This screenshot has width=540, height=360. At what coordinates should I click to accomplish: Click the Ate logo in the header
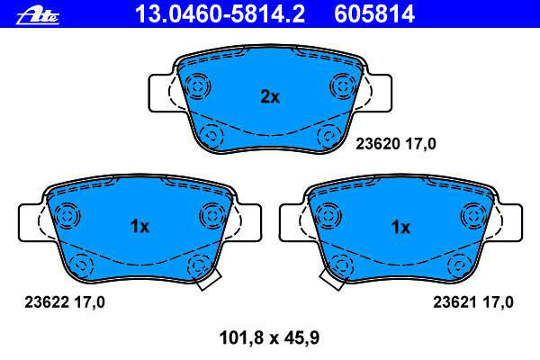point(38,16)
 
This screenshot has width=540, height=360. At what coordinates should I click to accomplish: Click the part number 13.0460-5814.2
point(220,14)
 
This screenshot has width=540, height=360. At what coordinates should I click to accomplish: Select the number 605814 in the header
point(374,14)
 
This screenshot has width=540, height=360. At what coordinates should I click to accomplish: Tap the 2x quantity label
point(270,97)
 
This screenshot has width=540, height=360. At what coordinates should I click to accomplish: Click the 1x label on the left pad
point(139,226)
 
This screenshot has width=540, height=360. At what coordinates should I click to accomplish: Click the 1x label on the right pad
point(400,227)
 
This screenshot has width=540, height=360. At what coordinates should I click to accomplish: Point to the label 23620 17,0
point(396,144)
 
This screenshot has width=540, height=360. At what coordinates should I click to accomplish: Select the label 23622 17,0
point(65,302)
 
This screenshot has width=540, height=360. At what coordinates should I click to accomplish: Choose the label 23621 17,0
point(473,302)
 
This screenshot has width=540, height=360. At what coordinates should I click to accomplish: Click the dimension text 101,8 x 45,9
point(269,338)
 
